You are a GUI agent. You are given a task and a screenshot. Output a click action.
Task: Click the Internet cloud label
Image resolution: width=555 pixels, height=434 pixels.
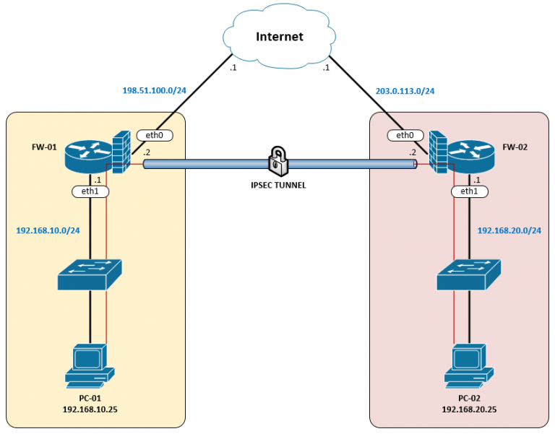pos(279,37)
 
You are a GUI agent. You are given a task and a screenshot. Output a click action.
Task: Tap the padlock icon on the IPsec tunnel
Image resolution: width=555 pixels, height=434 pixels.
pos(278,161)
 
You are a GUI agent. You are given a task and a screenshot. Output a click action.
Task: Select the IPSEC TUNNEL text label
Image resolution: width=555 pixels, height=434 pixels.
pos(278,185)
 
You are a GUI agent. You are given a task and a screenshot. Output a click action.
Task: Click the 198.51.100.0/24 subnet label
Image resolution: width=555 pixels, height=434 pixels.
pos(155,90)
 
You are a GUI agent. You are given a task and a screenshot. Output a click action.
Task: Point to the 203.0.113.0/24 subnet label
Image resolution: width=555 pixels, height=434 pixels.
pos(405,91)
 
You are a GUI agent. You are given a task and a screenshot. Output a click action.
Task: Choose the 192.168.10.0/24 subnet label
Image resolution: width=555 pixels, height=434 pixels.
pos(48,230)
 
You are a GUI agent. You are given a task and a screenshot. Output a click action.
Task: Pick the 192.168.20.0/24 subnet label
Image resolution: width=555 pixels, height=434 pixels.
pos(509,230)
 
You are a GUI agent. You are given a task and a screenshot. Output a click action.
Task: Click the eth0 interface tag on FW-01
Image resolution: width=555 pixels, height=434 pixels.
pos(155,135)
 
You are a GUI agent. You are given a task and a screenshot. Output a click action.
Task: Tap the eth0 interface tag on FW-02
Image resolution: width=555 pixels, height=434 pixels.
pos(405,135)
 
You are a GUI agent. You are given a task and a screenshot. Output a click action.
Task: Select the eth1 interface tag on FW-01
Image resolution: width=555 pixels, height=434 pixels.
pos(90,191)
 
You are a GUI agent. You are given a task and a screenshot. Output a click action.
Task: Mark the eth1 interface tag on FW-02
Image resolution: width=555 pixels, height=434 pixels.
pos(469,191)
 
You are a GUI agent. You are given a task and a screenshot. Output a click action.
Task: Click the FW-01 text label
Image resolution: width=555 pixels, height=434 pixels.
pos(44,147)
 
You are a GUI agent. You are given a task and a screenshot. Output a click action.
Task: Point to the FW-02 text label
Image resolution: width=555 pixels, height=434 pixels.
pos(515,147)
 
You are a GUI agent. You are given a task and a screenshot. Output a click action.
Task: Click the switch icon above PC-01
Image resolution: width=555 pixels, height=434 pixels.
pos(90,275)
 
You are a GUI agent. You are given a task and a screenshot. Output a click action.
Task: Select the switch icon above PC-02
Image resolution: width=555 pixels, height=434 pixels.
pos(469,275)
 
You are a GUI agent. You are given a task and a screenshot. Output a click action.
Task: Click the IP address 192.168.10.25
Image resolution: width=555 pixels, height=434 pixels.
pos(90,409)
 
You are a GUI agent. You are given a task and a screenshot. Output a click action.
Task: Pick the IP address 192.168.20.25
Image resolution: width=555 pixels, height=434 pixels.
pos(469,409)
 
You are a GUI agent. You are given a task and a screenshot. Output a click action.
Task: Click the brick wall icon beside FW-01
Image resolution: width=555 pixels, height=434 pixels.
pos(121,152)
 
